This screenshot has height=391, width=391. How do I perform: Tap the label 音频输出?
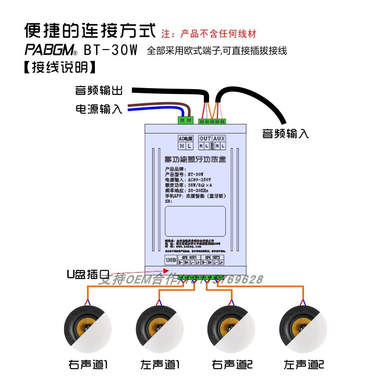99,91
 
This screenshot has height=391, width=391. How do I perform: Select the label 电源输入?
99,109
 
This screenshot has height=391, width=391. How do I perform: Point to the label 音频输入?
285,133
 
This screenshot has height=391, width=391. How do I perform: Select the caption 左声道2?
303,363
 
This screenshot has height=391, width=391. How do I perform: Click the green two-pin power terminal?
185,121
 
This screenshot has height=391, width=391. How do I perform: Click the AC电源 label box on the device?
186,139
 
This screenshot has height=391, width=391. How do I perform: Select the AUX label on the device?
219,139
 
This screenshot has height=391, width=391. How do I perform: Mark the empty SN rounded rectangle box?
195,221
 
